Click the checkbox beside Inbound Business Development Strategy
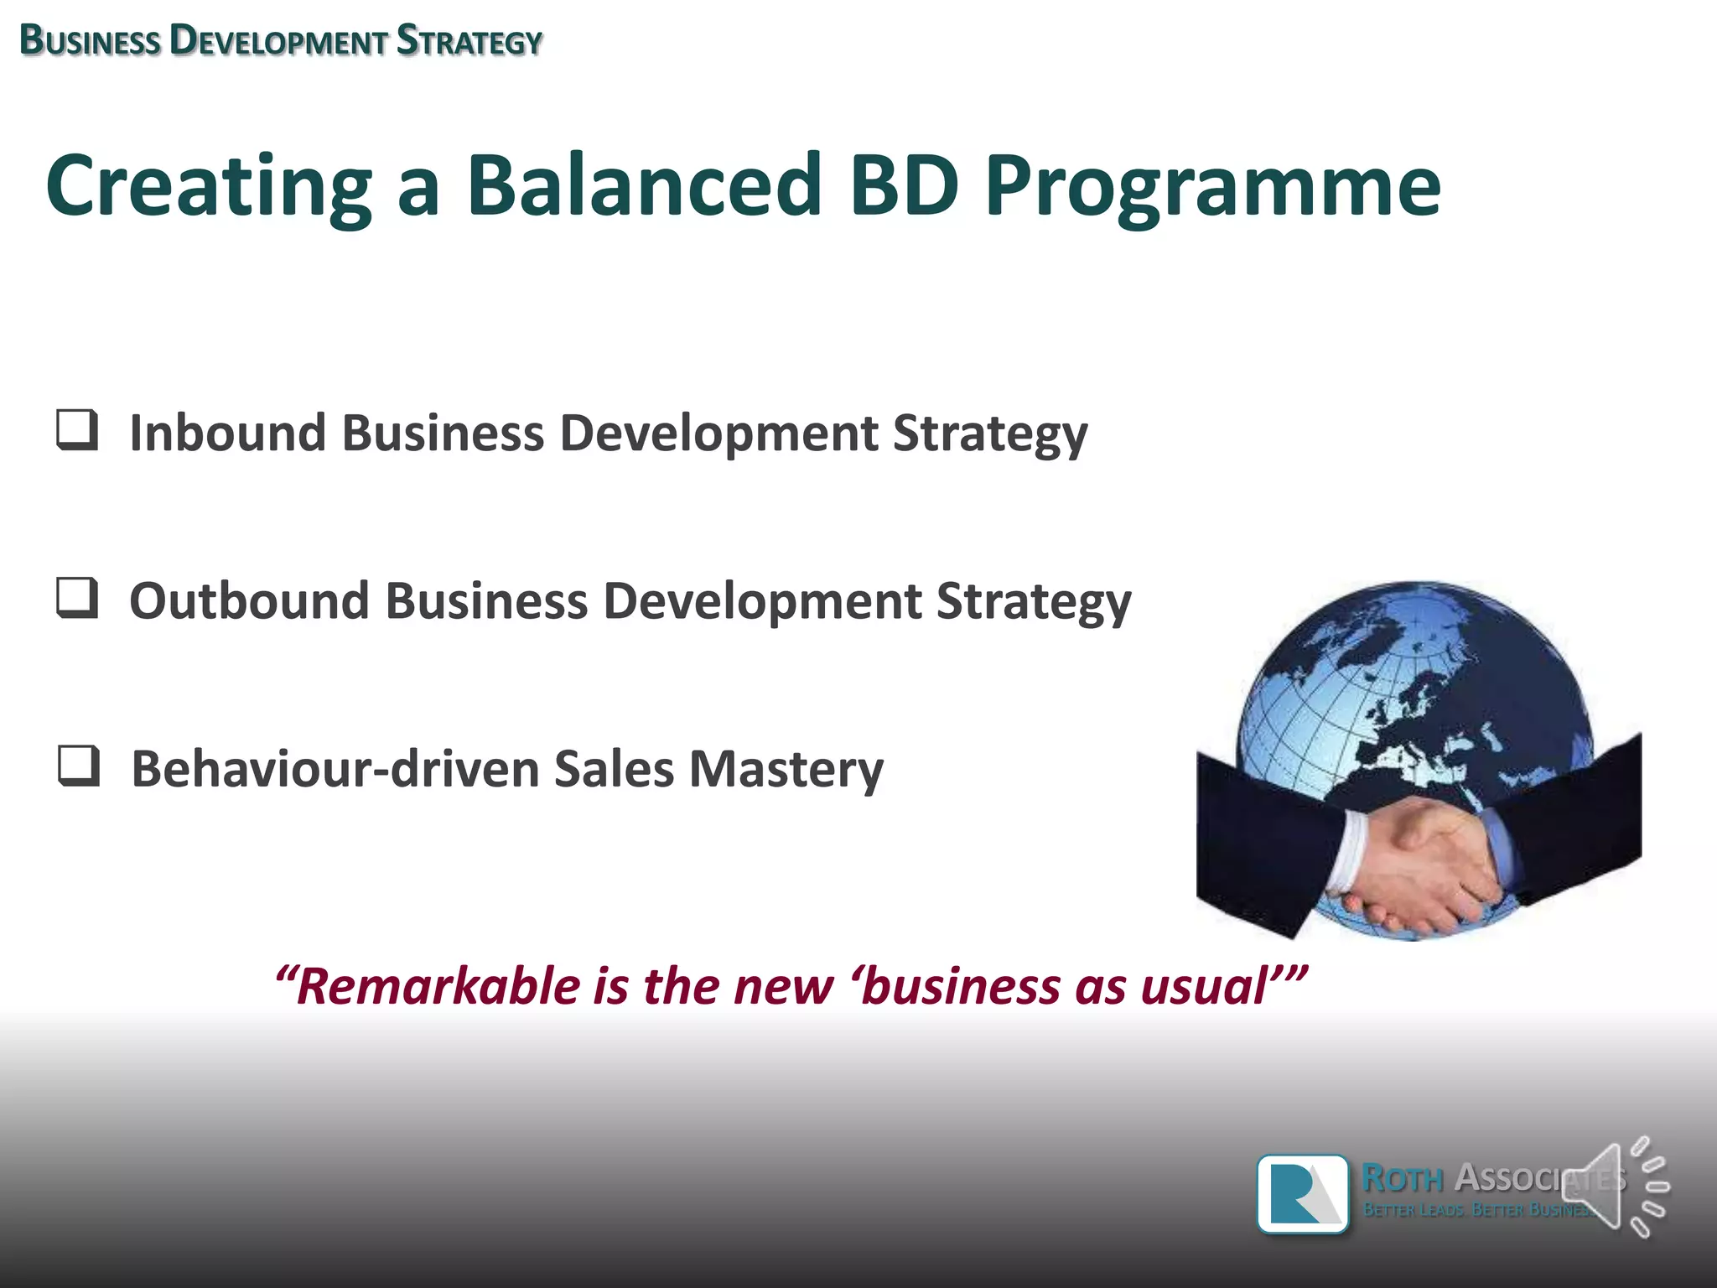[x=77, y=430]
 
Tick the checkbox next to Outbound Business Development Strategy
[x=77, y=598]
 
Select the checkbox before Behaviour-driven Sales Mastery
[x=79, y=766]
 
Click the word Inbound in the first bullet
[x=227, y=434]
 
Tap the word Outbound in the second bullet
[x=249, y=601]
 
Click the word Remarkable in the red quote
[x=437, y=986]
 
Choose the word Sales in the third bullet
[x=614, y=770]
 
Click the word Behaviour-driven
[x=335, y=770]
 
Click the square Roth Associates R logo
[x=1303, y=1194]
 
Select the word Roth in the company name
[x=1402, y=1178]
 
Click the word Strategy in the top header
[x=469, y=41]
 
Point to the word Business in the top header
[x=90, y=41]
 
